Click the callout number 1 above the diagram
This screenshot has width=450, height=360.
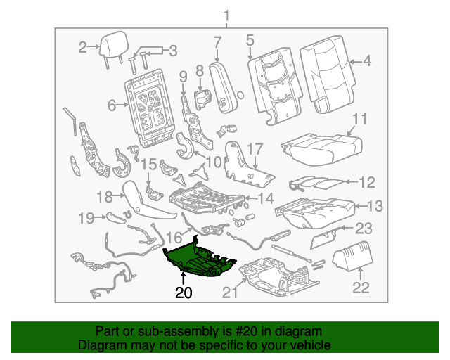[226, 15]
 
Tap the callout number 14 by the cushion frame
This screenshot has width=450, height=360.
[265, 199]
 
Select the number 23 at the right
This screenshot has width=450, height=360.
[363, 227]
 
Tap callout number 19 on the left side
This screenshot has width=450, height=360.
[86, 218]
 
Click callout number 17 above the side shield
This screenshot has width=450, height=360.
[254, 148]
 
